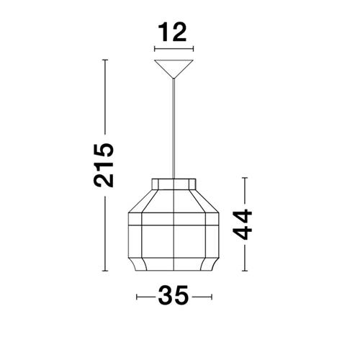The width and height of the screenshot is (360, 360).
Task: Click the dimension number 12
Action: pyautogui.click(x=172, y=32)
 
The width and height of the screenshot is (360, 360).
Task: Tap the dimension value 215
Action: pyautogui.click(x=104, y=165)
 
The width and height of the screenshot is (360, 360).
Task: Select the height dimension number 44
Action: pyautogui.click(x=243, y=225)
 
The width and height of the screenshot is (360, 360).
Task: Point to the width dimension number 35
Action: pyautogui.click(x=174, y=295)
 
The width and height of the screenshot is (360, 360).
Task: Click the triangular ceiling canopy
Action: pyautogui.click(x=174, y=66)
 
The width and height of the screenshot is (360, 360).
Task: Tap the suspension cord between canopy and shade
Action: pyautogui.click(x=174, y=128)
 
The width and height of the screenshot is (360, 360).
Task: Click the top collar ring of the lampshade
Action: pyautogui.click(x=174, y=184)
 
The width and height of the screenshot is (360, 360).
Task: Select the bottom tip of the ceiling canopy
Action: pyautogui.click(x=174, y=78)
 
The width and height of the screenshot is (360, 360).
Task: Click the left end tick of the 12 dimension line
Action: pyautogui.click(x=155, y=49)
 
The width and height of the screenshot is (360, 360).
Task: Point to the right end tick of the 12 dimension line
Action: pyautogui.click(x=193, y=49)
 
